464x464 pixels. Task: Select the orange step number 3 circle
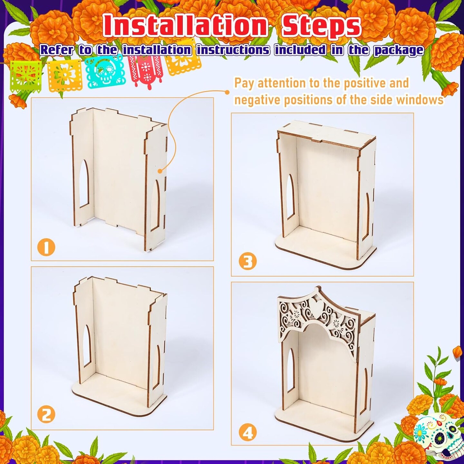(247, 262)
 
